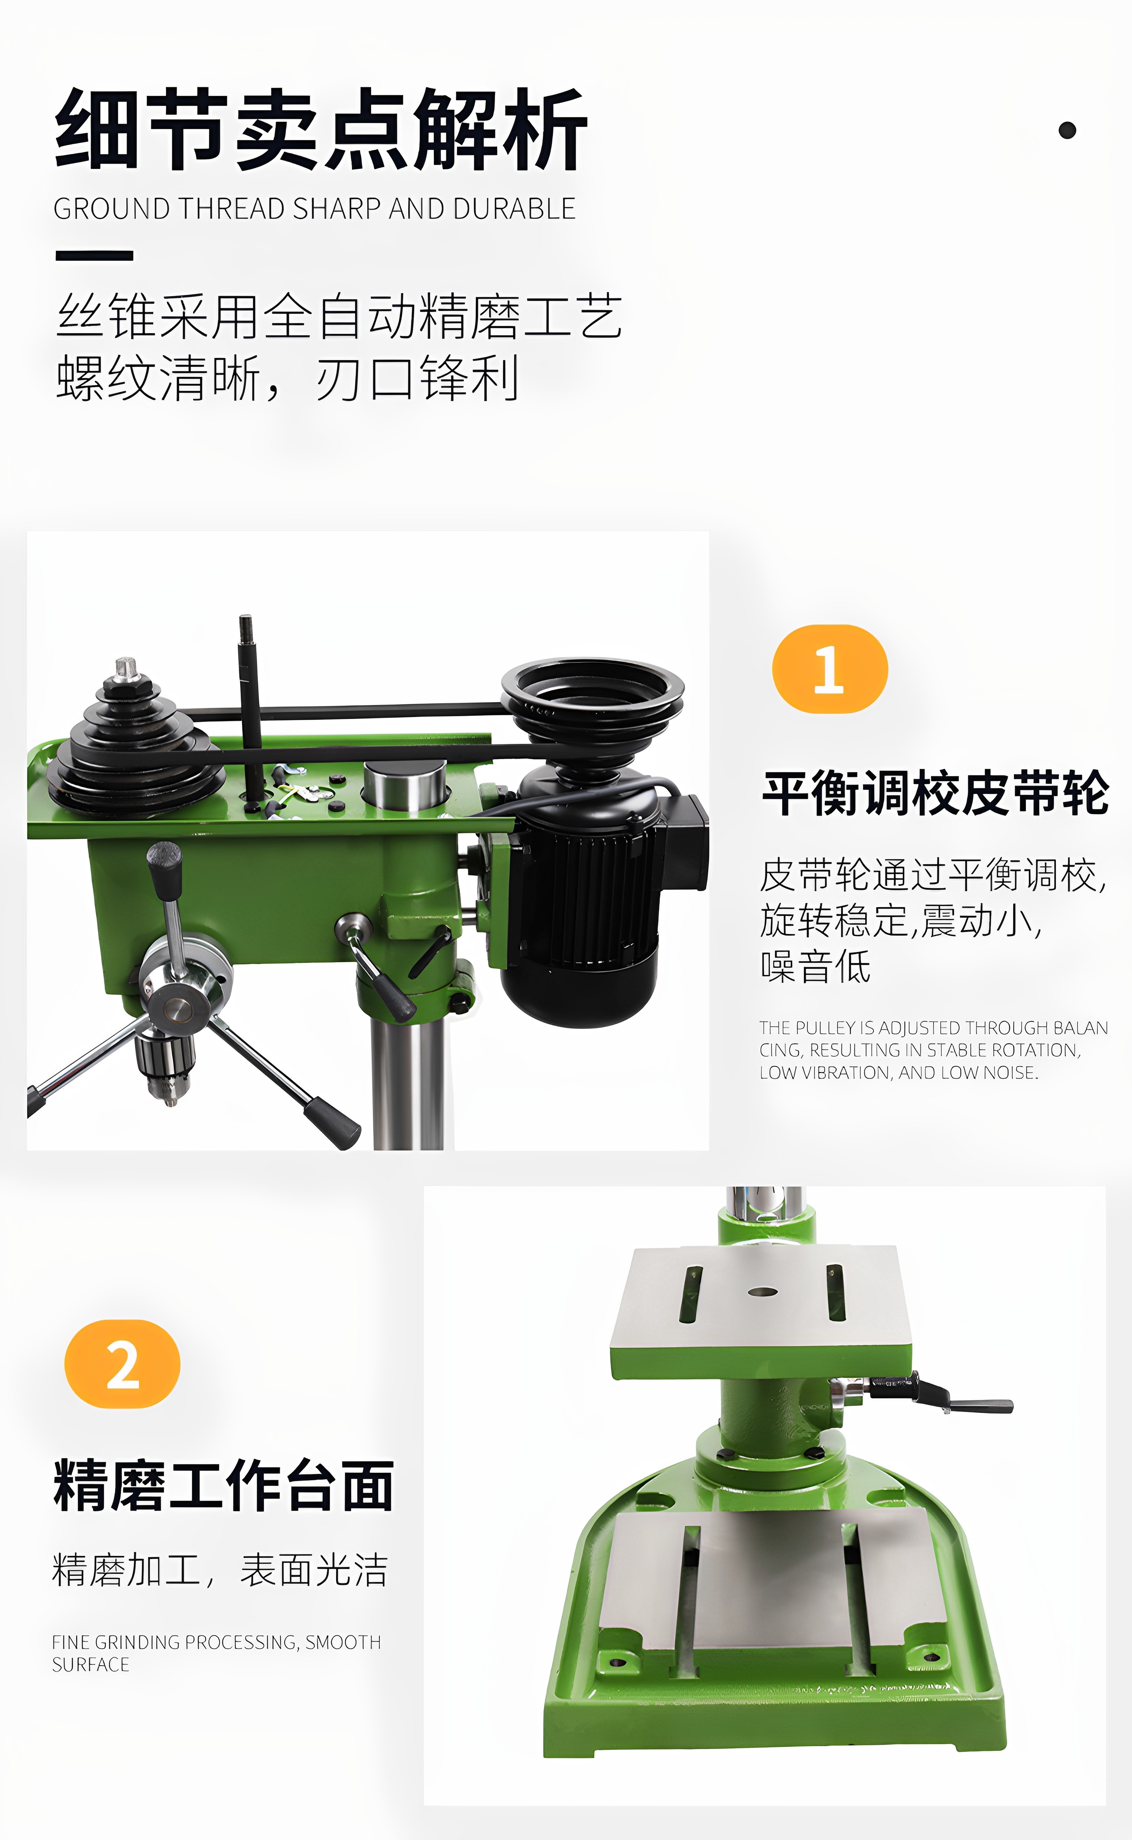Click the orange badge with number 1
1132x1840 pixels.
tap(829, 669)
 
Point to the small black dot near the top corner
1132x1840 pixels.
tap(1067, 130)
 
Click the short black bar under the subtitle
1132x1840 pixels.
tap(94, 255)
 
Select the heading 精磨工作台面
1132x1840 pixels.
tap(223, 1485)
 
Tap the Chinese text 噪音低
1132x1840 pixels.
tap(815, 966)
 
